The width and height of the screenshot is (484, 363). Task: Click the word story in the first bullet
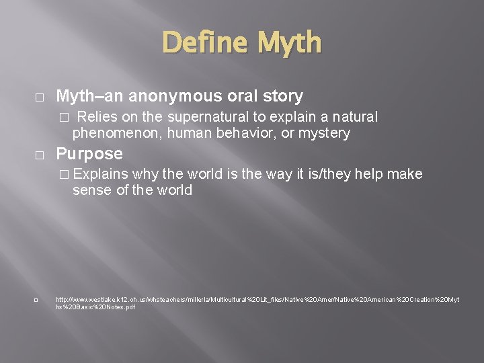click(282, 96)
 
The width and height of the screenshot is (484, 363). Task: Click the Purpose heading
click(89, 154)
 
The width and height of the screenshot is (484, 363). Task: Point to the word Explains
click(101, 174)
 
